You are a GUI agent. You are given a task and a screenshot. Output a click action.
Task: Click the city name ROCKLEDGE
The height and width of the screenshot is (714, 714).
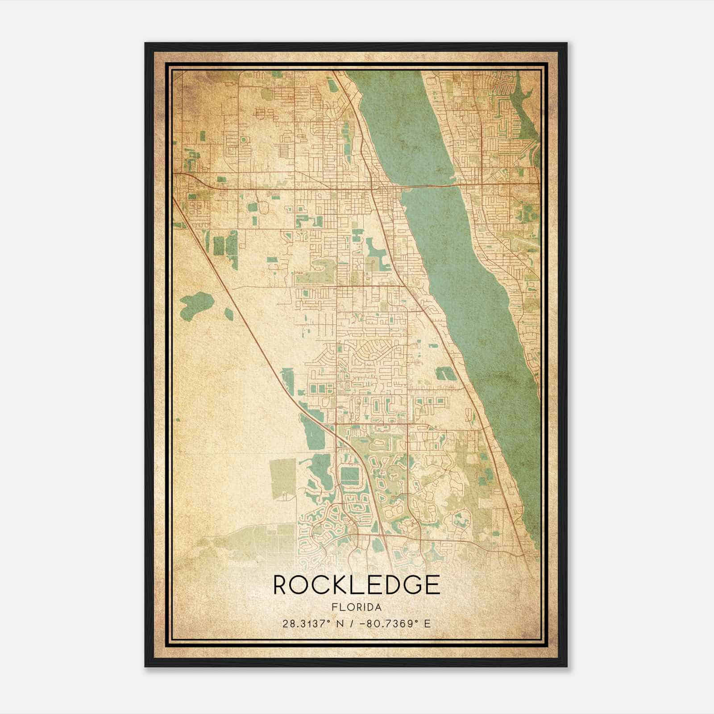tap(356, 585)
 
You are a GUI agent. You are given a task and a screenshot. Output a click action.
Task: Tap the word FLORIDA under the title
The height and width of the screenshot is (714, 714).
tap(356, 607)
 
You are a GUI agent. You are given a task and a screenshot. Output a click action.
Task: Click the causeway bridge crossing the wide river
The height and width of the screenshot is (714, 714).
tap(428, 185)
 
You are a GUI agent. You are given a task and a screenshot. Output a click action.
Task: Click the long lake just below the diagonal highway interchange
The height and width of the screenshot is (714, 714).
tap(312, 428)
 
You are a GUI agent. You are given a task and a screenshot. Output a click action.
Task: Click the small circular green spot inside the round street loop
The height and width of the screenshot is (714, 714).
tap(244, 140)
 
